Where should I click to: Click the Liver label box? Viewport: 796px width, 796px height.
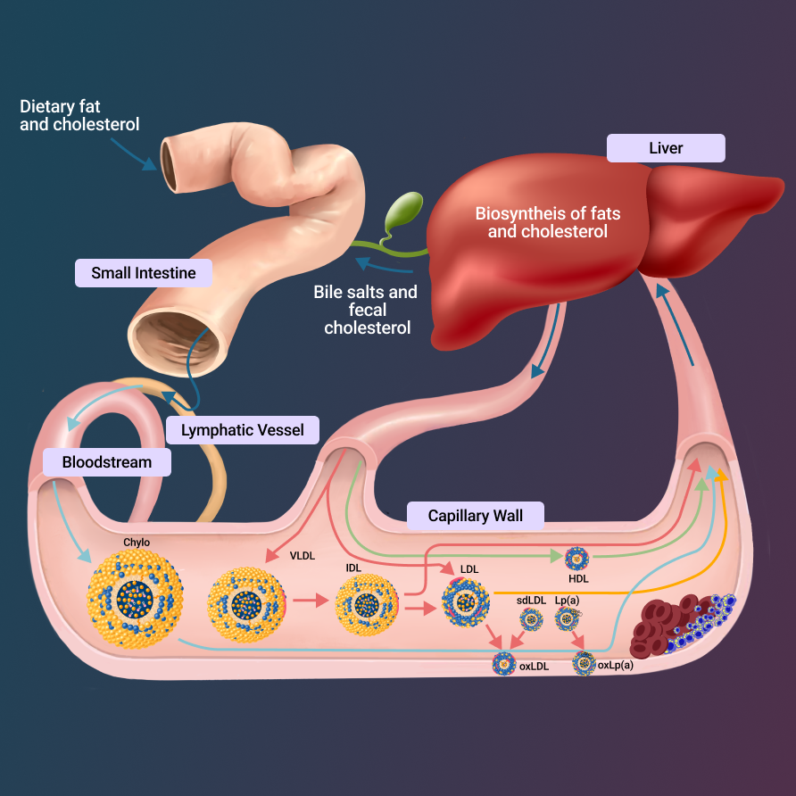[665, 148]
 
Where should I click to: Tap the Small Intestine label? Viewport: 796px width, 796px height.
[143, 273]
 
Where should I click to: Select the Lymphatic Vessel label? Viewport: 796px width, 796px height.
[242, 430]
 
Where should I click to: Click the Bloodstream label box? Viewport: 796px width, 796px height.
[106, 462]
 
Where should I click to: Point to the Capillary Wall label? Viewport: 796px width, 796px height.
[475, 516]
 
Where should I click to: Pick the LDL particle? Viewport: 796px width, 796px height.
[466, 601]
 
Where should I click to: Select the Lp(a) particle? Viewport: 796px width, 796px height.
[567, 618]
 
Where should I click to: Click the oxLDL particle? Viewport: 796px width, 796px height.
[504, 664]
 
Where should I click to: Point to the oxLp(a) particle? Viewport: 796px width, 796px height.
[584, 663]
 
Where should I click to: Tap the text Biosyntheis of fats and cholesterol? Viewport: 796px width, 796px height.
[547, 223]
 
